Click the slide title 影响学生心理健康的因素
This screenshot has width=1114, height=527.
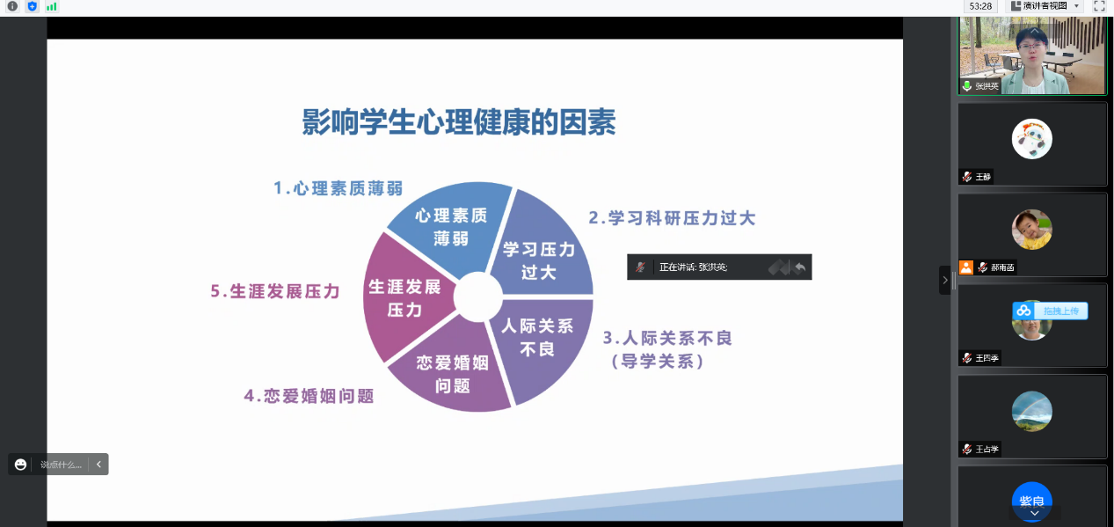click(459, 122)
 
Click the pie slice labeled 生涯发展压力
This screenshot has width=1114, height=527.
click(405, 297)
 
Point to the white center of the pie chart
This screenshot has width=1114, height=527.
click(478, 296)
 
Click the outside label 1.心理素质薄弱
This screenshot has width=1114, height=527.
click(339, 188)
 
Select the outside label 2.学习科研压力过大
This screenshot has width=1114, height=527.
click(673, 218)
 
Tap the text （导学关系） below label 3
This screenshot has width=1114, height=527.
click(658, 362)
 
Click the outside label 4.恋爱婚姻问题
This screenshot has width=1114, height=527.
click(309, 396)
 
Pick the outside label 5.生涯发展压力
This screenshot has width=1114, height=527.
click(275, 291)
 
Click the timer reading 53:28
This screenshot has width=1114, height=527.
click(980, 6)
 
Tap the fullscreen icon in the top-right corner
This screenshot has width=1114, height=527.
click(1099, 6)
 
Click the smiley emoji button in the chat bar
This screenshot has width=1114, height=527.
click(20, 465)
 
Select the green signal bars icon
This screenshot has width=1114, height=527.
click(52, 6)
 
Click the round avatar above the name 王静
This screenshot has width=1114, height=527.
click(1032, 139)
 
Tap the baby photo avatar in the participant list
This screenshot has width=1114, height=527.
click(1032, 230)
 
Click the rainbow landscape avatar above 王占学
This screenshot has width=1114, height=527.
click(1032, 412)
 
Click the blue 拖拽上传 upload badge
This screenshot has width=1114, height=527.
click(1051, 311)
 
